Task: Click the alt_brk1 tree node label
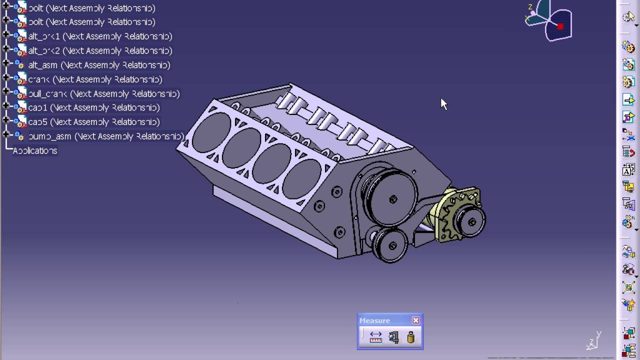coord(100,36)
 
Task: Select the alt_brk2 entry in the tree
coord(100,51)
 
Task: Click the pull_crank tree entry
coord(103,94)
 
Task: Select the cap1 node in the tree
coord(93,108)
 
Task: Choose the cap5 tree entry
coord(93,122)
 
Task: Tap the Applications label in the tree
coord(35,151)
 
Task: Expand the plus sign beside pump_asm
coord(6,135)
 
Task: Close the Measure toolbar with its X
coord(416,320)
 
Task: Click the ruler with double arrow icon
coord(376,337)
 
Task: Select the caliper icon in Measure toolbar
coord(393,337)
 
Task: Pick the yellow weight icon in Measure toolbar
coord(410,337)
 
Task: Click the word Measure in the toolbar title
coord(374,321)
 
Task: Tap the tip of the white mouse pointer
coord(441,98)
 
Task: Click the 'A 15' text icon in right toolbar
coord(628,170)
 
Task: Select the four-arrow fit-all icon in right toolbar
coord(628,287)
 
